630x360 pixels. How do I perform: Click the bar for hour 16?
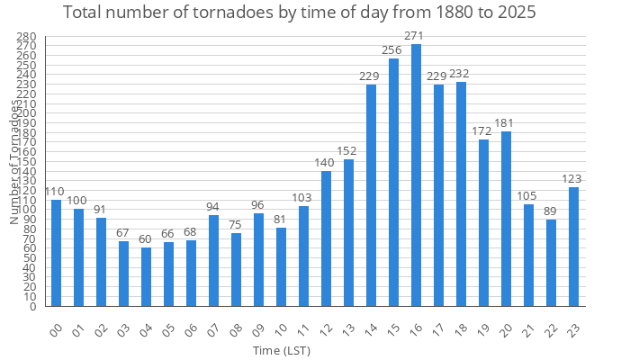coord(416,175)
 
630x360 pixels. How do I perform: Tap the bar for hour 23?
coord(573,247)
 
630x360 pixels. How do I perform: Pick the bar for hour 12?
coord(326,238)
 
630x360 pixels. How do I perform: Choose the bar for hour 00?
coord(56,253)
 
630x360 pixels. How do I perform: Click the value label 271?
coord(415,36)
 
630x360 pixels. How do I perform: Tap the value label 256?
coord(392,50)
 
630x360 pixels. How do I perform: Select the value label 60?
coord(146,239)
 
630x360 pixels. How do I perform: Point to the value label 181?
coord(505,123)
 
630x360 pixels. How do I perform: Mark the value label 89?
coord(551,211)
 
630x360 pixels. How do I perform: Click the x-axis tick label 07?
coord(213,329)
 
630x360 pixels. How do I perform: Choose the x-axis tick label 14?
coord(371,329)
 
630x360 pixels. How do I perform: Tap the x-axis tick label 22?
coord(551,329)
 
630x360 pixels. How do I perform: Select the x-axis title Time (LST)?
coord(282,350)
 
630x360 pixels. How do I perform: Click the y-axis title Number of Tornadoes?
coord(14,162)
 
